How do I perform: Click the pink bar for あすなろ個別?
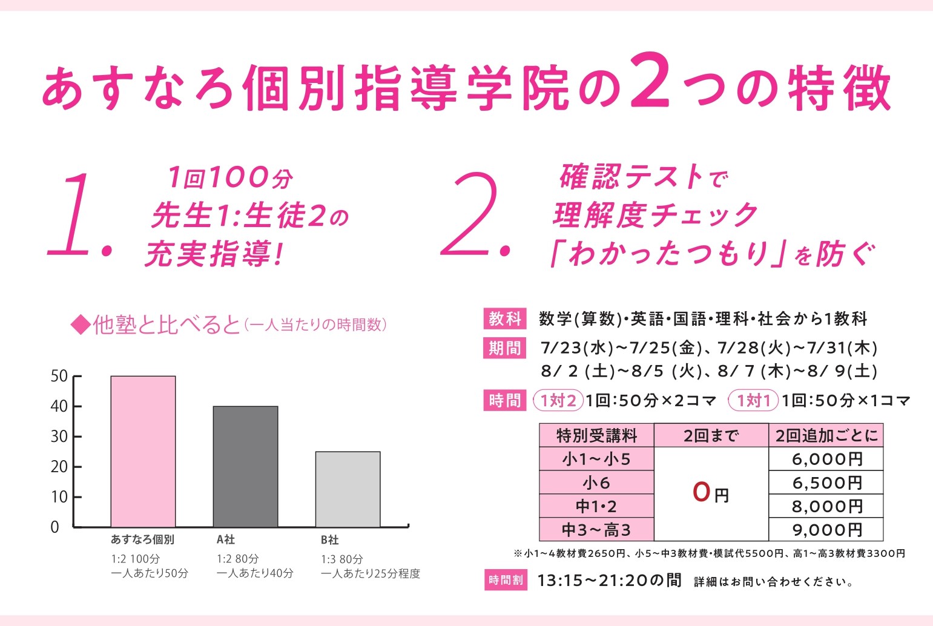point(143,451)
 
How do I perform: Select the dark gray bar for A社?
point(245,466)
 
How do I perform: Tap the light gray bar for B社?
point(348,489)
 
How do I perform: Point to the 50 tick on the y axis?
point(59,377)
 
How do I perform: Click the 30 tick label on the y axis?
point(59,437)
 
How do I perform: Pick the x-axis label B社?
point(329,539)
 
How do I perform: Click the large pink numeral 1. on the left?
point(76,216)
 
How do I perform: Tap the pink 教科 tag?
point(505,318)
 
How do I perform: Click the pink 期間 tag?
point(505,348)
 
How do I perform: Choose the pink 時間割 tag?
point(505,580)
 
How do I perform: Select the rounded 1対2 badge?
point(558,400)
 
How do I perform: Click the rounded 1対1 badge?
point(754,400)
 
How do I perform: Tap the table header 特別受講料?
point(596,435)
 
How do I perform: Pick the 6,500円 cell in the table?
point(826,483)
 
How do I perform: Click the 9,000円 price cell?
point(826,530)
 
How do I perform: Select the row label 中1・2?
point(596,506)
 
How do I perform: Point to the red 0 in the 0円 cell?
point(701,492)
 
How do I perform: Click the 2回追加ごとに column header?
point(826,435)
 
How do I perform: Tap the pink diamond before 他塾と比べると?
point(80,325)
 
